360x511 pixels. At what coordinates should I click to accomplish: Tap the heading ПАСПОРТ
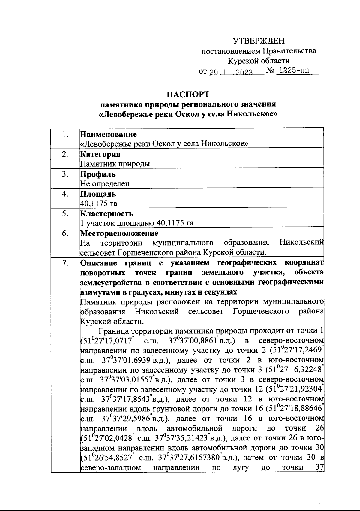pos(188,94)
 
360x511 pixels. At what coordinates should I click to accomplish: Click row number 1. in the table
pos(65,135)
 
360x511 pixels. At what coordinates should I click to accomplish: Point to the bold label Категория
pos(101,154)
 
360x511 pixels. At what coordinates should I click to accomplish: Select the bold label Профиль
pos(98,174)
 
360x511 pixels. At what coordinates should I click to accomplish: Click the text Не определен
pos(105,184)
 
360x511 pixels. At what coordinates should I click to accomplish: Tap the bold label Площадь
pos(98,194)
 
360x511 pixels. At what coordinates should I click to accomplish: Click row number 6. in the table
pos(65,234)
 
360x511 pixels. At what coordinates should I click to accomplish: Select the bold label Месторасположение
pos(119,234)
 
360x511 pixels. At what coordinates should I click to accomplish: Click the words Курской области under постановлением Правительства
pos(259,61)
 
